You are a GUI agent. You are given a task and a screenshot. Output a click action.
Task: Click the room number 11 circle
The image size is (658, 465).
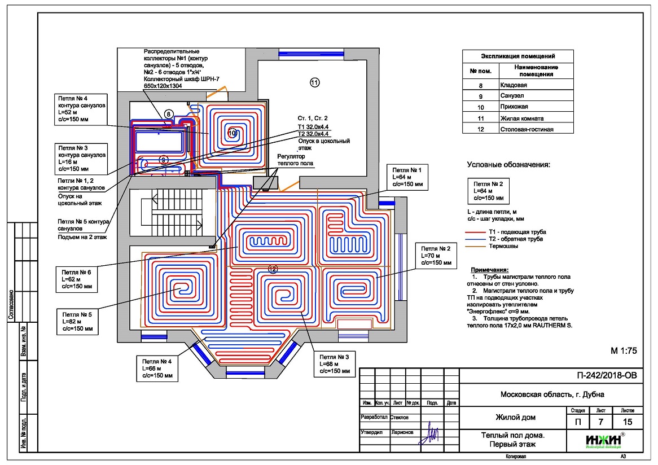(x=314, y=82)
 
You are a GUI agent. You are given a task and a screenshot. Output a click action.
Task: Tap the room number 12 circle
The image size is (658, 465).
(x=273, y=269)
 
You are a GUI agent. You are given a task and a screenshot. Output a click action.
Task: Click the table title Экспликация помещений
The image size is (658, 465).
(x=517, y=56)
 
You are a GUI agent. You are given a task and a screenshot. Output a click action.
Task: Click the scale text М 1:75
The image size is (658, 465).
(x=624, y=350)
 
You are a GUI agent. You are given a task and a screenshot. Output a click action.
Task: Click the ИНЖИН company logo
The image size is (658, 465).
(x=606, y=439)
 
